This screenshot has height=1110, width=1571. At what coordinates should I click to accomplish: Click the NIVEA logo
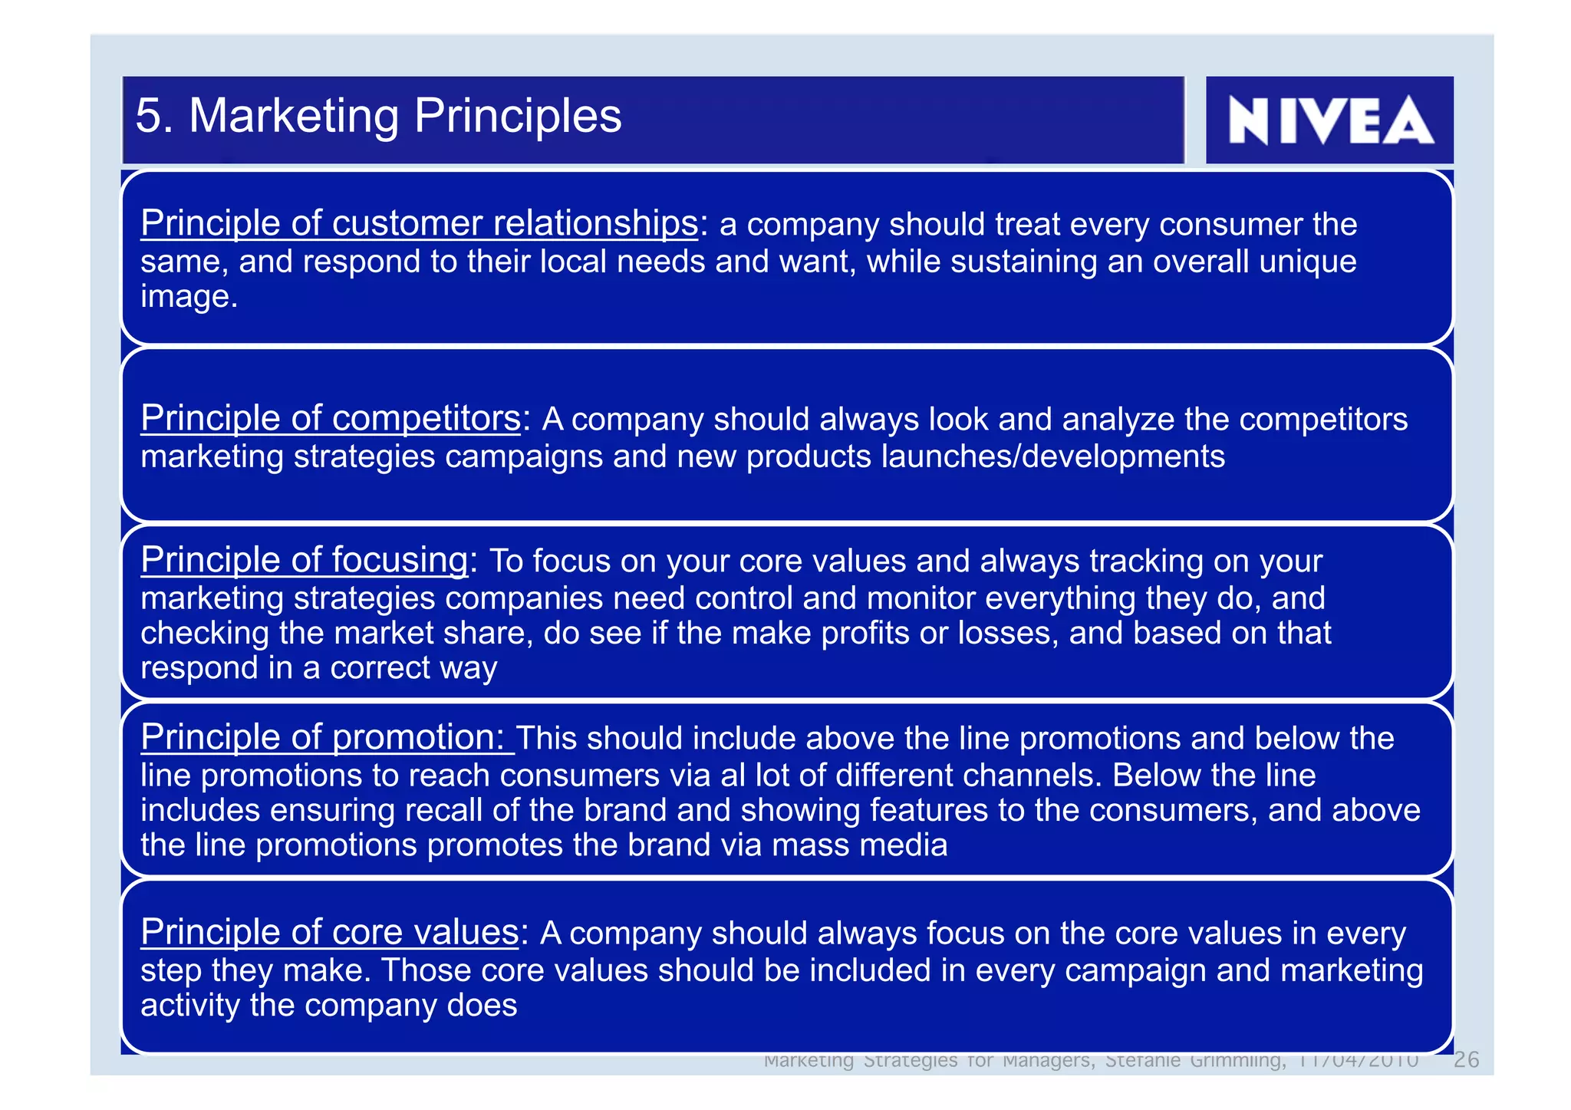click(1329, 120)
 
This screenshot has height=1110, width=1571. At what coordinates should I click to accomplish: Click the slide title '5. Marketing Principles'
click(378, 116)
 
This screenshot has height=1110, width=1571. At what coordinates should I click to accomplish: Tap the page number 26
click(1466, 1059)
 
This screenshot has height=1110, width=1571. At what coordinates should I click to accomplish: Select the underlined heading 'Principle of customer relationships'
click(419, 223)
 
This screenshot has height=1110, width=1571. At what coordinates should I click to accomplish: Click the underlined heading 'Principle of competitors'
click(331, 418)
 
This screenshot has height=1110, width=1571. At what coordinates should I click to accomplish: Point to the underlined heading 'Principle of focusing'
click(304, 560)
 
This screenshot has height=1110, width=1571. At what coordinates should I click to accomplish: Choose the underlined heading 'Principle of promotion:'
click(327, 737)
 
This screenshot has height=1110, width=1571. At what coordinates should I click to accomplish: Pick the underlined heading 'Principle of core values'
click(330, 932)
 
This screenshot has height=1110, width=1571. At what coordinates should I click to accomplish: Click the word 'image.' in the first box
click(189, 297)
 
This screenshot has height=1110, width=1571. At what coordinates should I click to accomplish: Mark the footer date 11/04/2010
click(1358, 1060)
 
